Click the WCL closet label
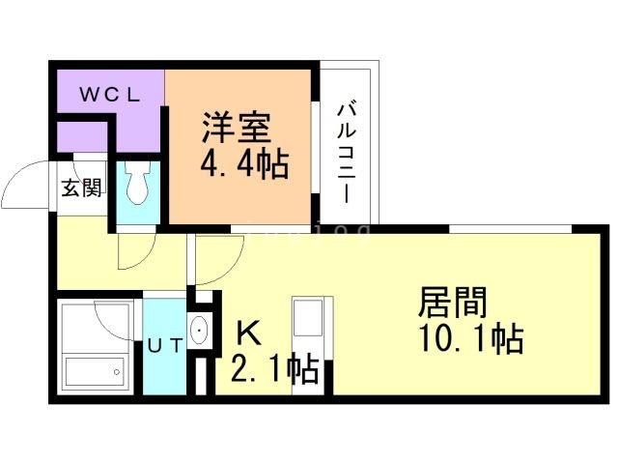click(x=110, y=95)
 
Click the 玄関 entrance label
click(x=81, y=188)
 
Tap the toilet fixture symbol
click(x=136, y=183)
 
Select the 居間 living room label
click(x=450, y=303)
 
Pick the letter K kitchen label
click(x=248, y=333)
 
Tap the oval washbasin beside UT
click(x=199, y=332)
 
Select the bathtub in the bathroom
click(x=94, y=371)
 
